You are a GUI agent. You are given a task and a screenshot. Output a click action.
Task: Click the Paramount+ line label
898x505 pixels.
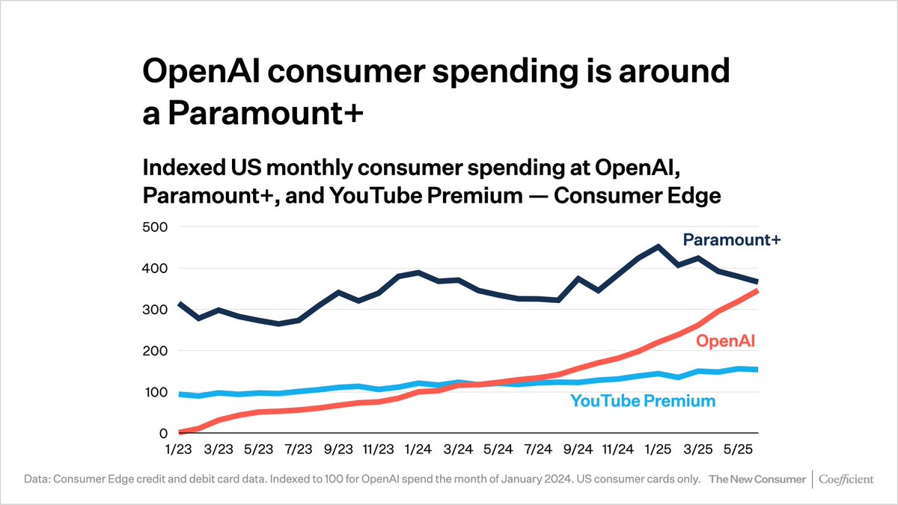pyautogui.click(x=731, y=239)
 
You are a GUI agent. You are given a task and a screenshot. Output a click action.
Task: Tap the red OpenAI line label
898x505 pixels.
pyautogui.click(x=725, y=342)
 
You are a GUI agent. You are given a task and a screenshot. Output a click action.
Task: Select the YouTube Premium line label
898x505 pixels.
pyautogui.click(x=643, y=401)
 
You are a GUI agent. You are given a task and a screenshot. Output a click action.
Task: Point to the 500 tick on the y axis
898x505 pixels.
pyautogui.click(x=154, y=227)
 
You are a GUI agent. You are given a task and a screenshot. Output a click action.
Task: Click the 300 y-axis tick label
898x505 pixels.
pyautogui.click(x=154, y=310)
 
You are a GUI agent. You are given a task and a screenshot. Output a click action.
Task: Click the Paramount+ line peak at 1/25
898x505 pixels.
pyautogui.click(x=658, y=246)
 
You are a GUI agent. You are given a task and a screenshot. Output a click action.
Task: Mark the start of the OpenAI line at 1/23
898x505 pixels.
pyautogui.click(x=179, y=432)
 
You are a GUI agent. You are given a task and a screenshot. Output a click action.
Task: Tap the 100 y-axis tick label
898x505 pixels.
pyautogui.click(x=154, y=392)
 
